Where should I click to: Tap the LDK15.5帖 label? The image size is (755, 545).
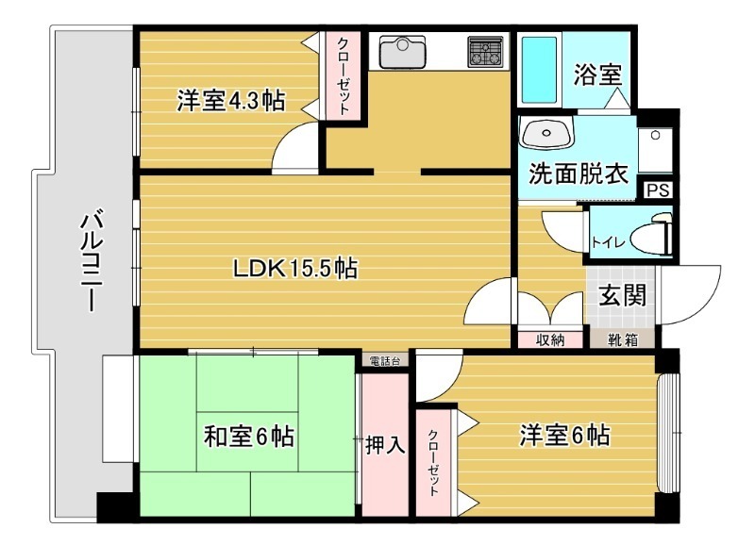coord(295,269)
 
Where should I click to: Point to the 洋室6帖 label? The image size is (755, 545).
coord(563,436)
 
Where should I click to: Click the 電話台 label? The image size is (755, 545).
coord(385,360)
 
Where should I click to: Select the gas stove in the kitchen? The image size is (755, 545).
coord(487,51)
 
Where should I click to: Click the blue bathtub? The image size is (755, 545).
coord(540,70)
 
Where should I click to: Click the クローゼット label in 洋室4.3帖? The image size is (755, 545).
coord(342,76)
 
